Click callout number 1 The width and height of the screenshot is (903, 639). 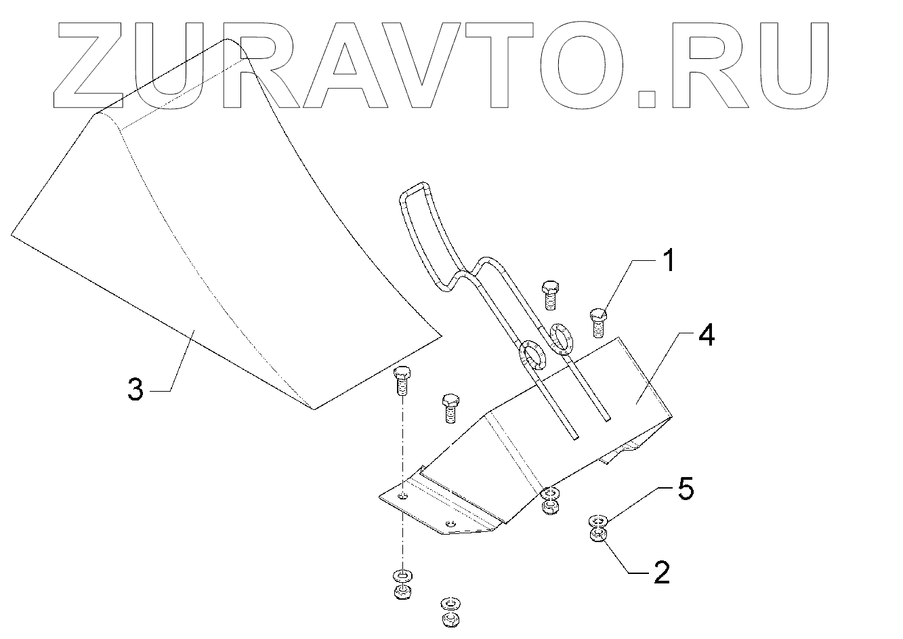669,261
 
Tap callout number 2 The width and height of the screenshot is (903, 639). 661,573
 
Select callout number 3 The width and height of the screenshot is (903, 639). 136,390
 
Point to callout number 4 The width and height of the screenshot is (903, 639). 706,335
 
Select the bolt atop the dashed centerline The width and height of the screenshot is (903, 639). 402,381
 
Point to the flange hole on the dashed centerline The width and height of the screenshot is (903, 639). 403,497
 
